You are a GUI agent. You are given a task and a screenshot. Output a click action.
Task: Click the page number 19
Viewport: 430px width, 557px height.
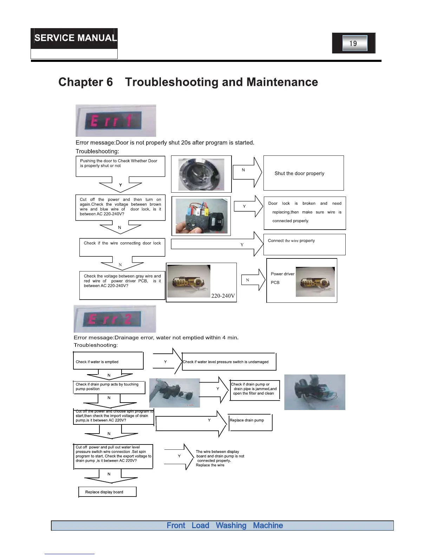point(354,43)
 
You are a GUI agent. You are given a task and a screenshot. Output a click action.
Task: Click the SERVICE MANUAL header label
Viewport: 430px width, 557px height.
point(75,38)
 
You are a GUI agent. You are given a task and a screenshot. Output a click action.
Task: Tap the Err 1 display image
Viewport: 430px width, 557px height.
point(116,121)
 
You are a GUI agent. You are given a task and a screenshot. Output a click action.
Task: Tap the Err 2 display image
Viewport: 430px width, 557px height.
point(115,319)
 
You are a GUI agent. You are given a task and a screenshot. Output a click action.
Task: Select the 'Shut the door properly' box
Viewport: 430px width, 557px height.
point(304,173)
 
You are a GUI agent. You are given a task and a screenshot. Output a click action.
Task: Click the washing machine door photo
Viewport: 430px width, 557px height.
point(201,174)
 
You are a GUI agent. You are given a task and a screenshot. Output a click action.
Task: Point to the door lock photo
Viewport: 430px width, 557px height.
point(201,216)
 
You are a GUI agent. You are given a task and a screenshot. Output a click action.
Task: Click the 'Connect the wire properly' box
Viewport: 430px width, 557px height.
point(304,244)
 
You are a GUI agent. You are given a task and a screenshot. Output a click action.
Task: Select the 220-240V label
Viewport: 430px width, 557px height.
point(223,296)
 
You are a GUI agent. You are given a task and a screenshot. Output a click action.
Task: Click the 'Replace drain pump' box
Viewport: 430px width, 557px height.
point(250,421)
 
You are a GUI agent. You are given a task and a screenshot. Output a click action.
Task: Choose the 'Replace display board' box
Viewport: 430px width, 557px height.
point(107,492)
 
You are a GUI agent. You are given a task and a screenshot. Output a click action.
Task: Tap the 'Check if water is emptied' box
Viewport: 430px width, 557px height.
point(108,361)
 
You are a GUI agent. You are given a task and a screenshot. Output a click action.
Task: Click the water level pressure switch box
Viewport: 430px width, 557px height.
point(229,362)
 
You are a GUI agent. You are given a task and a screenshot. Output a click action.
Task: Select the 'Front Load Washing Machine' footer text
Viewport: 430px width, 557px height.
point(224,525)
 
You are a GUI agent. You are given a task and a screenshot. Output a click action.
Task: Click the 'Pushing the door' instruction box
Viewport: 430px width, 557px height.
point(120,166)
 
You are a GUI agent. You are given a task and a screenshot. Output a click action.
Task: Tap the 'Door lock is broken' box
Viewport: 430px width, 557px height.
point(305,212)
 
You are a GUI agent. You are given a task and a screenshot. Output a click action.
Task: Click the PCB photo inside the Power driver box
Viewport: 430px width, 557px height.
point(315,282)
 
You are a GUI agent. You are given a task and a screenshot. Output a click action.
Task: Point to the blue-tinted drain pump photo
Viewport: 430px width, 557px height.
point(315,392)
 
